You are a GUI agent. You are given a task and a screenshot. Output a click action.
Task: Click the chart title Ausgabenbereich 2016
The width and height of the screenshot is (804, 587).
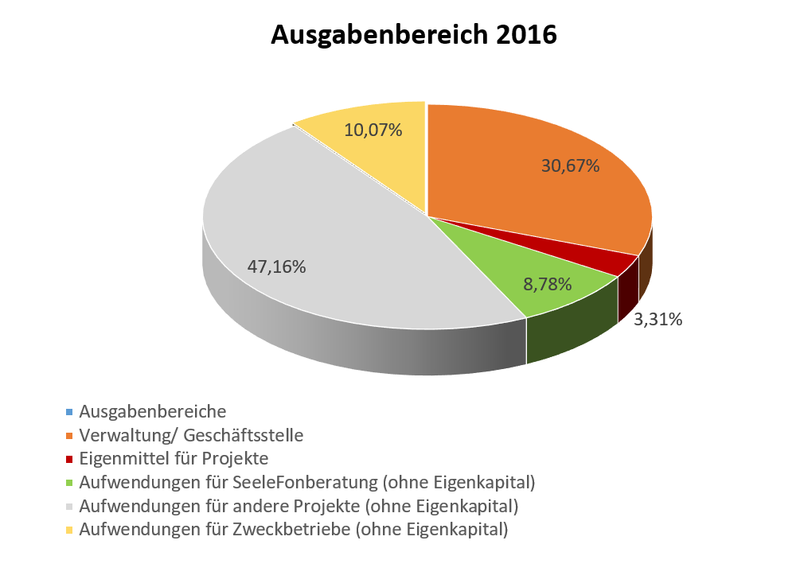tap(413, 35)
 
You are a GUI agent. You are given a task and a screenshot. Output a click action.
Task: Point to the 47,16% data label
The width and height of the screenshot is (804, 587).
tap(275, 266)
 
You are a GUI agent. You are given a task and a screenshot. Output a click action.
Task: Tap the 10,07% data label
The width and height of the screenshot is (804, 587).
tap(373, 129)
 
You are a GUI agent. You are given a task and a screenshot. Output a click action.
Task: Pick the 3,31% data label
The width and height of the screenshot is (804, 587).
tap(658, 320)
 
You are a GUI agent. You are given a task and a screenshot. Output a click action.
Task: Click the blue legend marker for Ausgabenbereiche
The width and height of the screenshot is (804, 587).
tap(69, 412)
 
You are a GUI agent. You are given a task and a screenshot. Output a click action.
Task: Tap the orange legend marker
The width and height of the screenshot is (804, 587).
tap(69, 436)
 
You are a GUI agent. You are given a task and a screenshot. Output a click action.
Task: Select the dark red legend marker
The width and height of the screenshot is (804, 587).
tap(69, 459)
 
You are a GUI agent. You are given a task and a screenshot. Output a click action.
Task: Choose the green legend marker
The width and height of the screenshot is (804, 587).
tap(69, 483)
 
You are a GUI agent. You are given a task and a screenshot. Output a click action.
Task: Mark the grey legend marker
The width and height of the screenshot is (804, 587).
tap(69, 506)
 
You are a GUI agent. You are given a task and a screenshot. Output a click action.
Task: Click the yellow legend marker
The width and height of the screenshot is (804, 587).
tap(69, 530)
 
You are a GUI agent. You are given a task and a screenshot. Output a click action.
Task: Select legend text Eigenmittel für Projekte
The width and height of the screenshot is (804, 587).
tap(174, 459)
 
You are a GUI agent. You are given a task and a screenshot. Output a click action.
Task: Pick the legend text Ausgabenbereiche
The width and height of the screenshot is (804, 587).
tap(153, 412)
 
